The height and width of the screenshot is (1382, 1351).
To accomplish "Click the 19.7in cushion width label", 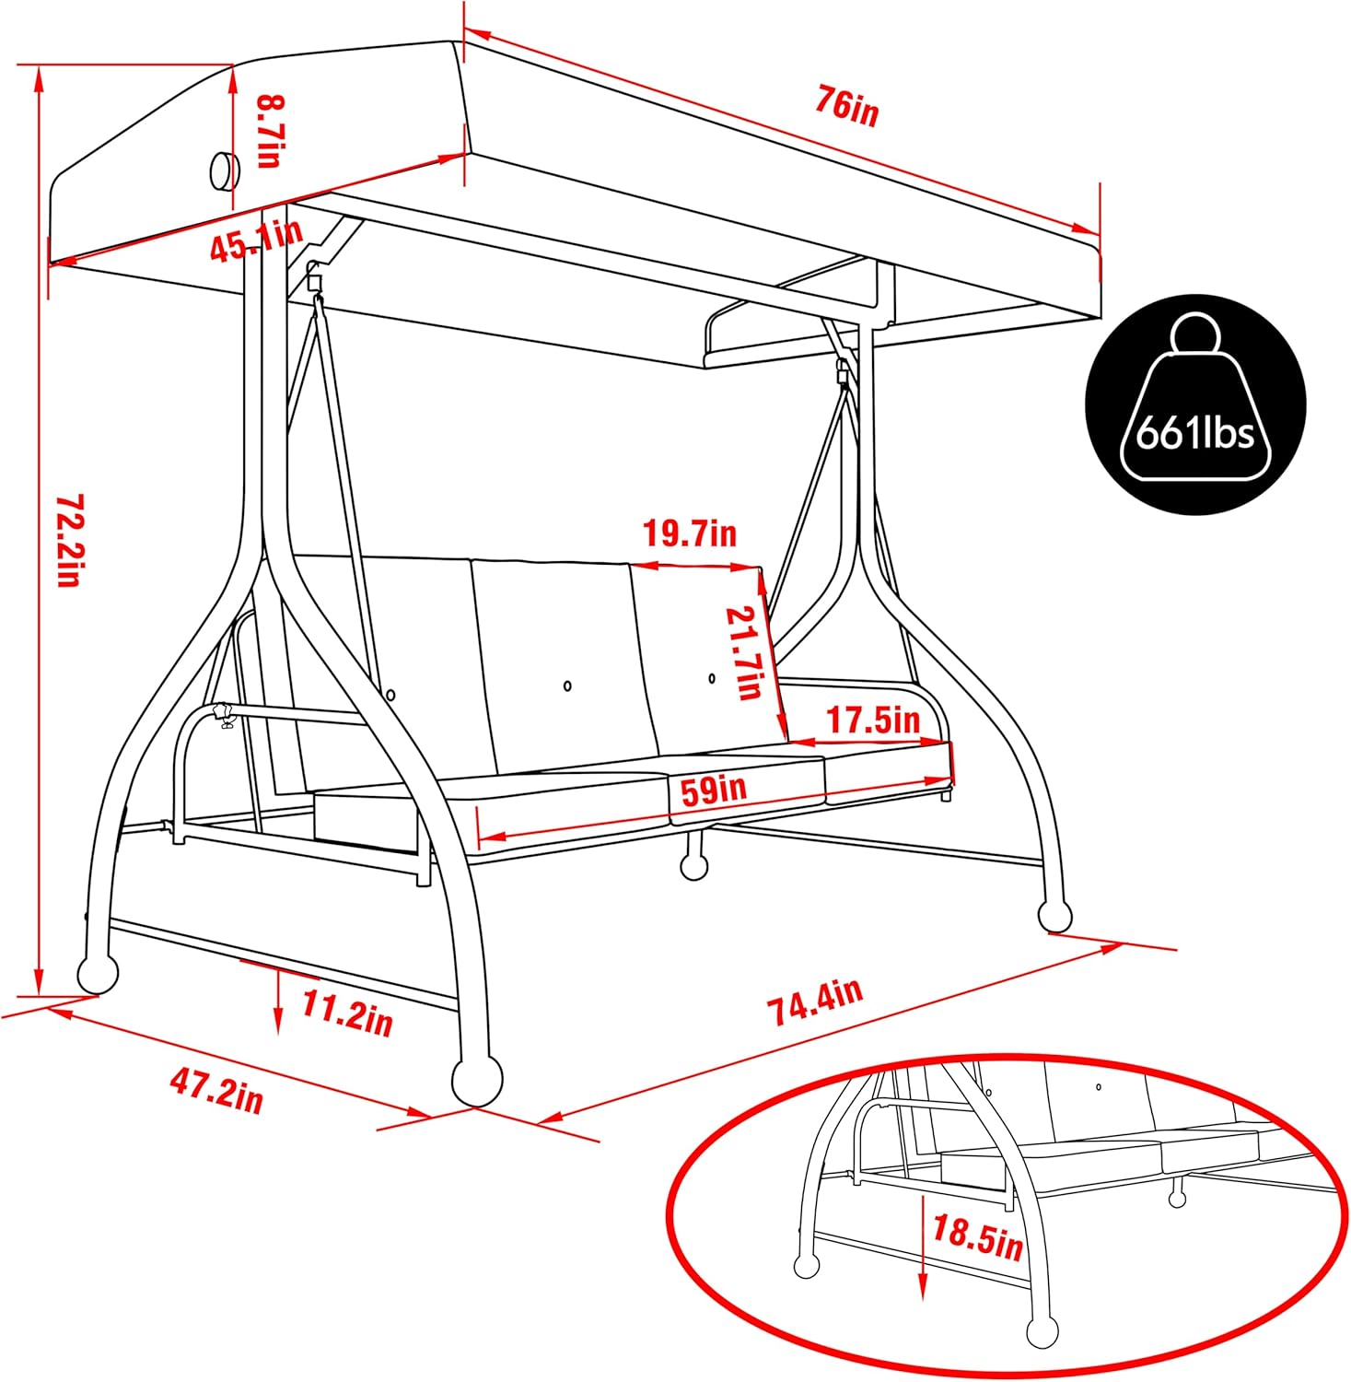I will [x=690, y=533].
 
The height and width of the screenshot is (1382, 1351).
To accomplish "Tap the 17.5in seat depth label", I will [x=872, y=720].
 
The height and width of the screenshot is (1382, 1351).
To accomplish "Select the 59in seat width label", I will [x=714, y=790].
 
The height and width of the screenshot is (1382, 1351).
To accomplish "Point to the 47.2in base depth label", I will [x=216, y=1094].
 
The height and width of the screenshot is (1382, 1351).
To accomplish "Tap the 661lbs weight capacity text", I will [x=1194, y=432].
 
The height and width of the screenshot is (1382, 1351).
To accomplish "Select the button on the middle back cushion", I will [x=567, y=685].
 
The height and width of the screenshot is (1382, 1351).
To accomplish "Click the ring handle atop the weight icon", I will [x=1194, y=334].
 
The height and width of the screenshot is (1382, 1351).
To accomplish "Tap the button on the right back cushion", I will [x=712, y=678].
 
